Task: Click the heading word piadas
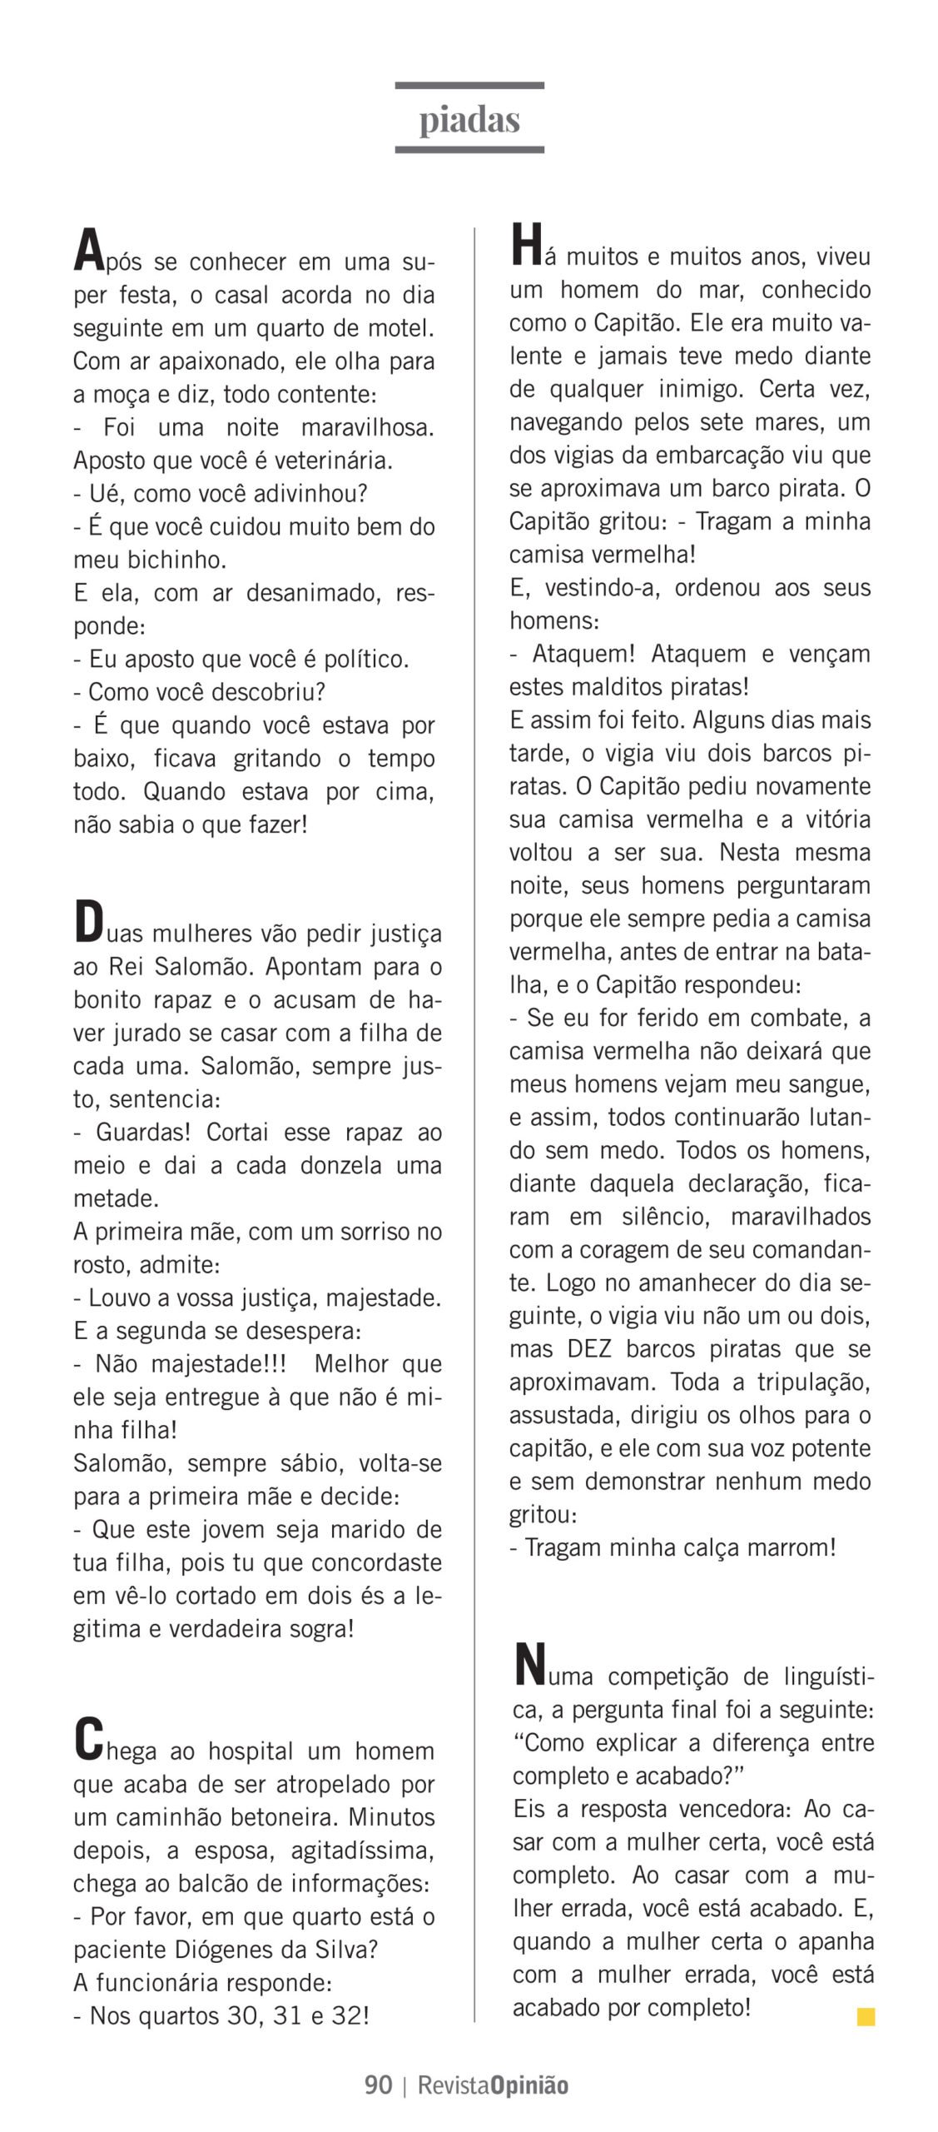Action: pyautogui.click(x=469, y=120)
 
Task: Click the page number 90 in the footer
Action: pyautogui.click(x=378, y=2085)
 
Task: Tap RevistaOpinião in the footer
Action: pyautogui.click(x=493, y=2085)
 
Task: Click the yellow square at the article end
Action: pyautogui.click(x=866, y=2016)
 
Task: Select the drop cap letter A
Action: pyautogui.click(x=89, y=251)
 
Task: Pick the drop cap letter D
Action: pyautogui.click(x=89, y=923)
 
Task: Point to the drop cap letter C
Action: pyautogui.click(x=89, y=1739)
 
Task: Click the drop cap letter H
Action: pyautogui.click(x=526, y=245)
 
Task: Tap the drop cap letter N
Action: pyautogui.click(x=529, y=1664)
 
